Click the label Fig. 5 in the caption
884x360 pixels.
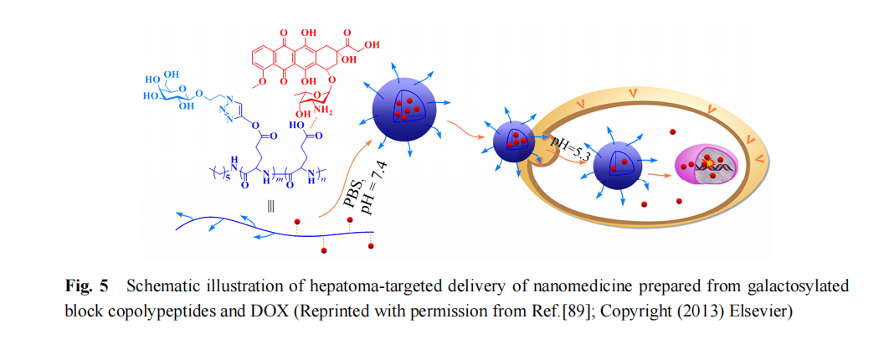87,286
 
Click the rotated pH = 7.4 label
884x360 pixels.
372,193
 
